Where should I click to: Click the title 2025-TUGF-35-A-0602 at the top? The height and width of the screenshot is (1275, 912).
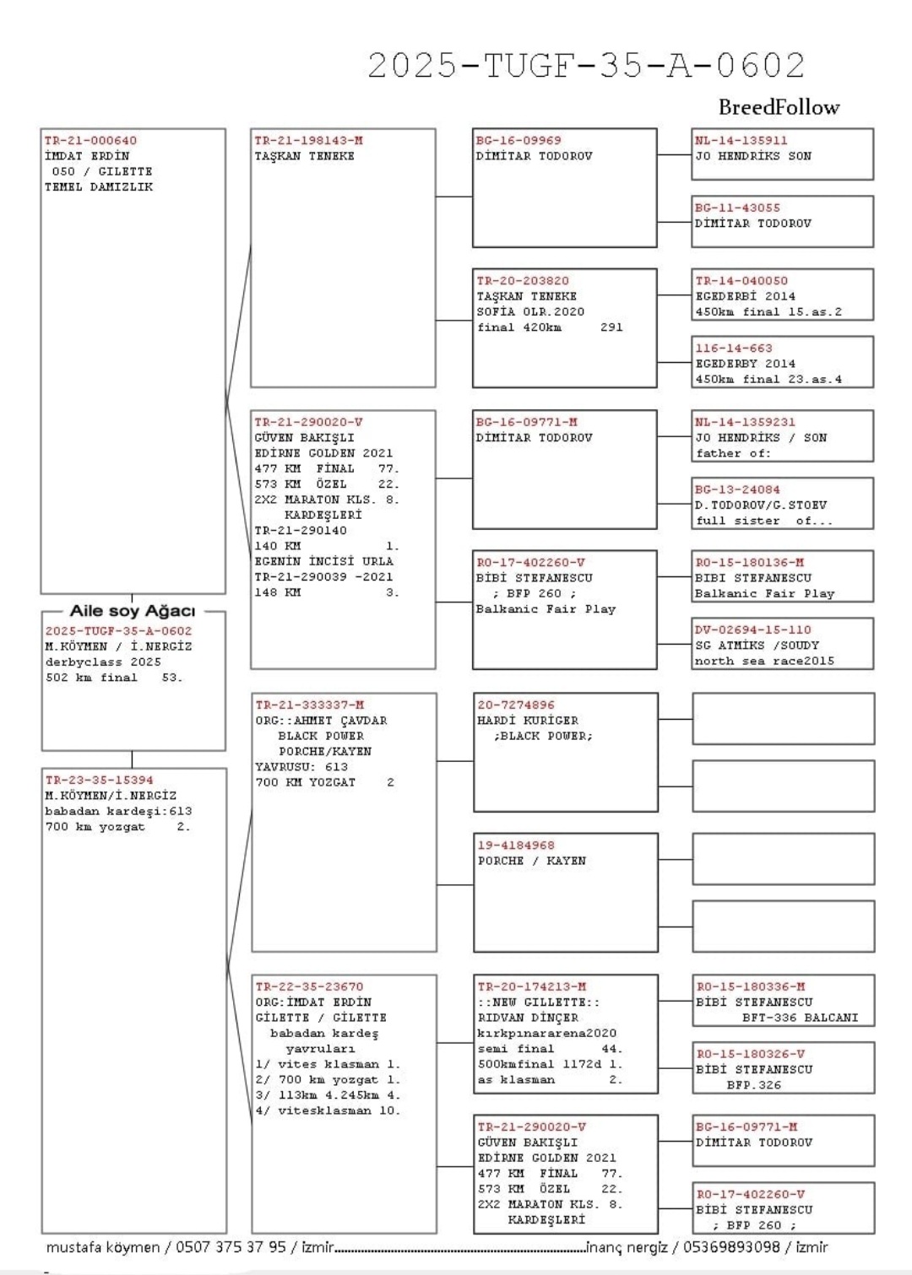[586, 65]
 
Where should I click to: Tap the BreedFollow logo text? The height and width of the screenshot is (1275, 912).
[779, 107]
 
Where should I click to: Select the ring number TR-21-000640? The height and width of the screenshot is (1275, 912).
[90, 141]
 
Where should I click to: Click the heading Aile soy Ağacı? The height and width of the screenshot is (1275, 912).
[133, 610]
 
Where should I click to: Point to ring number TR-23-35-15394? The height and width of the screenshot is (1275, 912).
[99, 781]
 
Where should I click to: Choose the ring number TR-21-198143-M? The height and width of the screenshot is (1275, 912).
[308, 141]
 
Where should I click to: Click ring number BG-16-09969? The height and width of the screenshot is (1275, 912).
[518, 141]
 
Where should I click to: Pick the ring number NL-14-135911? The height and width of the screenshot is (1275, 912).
[741, 141]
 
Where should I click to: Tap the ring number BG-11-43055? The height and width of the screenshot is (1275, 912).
[737, 208]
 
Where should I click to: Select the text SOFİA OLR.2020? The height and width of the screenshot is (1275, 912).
[530, 311]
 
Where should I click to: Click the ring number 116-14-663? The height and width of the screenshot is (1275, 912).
[733, 348]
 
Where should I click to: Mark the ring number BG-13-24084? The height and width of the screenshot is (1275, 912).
[737, 489]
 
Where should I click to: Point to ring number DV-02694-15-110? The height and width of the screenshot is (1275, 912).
[752, 629]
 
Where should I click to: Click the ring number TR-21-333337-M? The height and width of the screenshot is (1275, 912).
[310, 705]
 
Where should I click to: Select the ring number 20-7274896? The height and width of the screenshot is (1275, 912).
[516, 705]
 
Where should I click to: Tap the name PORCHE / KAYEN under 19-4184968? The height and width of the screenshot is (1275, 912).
[531, 861]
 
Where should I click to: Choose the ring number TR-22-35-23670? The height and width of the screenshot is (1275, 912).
[309, 986]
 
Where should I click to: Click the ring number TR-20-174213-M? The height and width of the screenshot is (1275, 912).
[532, 986]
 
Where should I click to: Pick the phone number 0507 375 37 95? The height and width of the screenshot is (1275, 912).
[231, 1247]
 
